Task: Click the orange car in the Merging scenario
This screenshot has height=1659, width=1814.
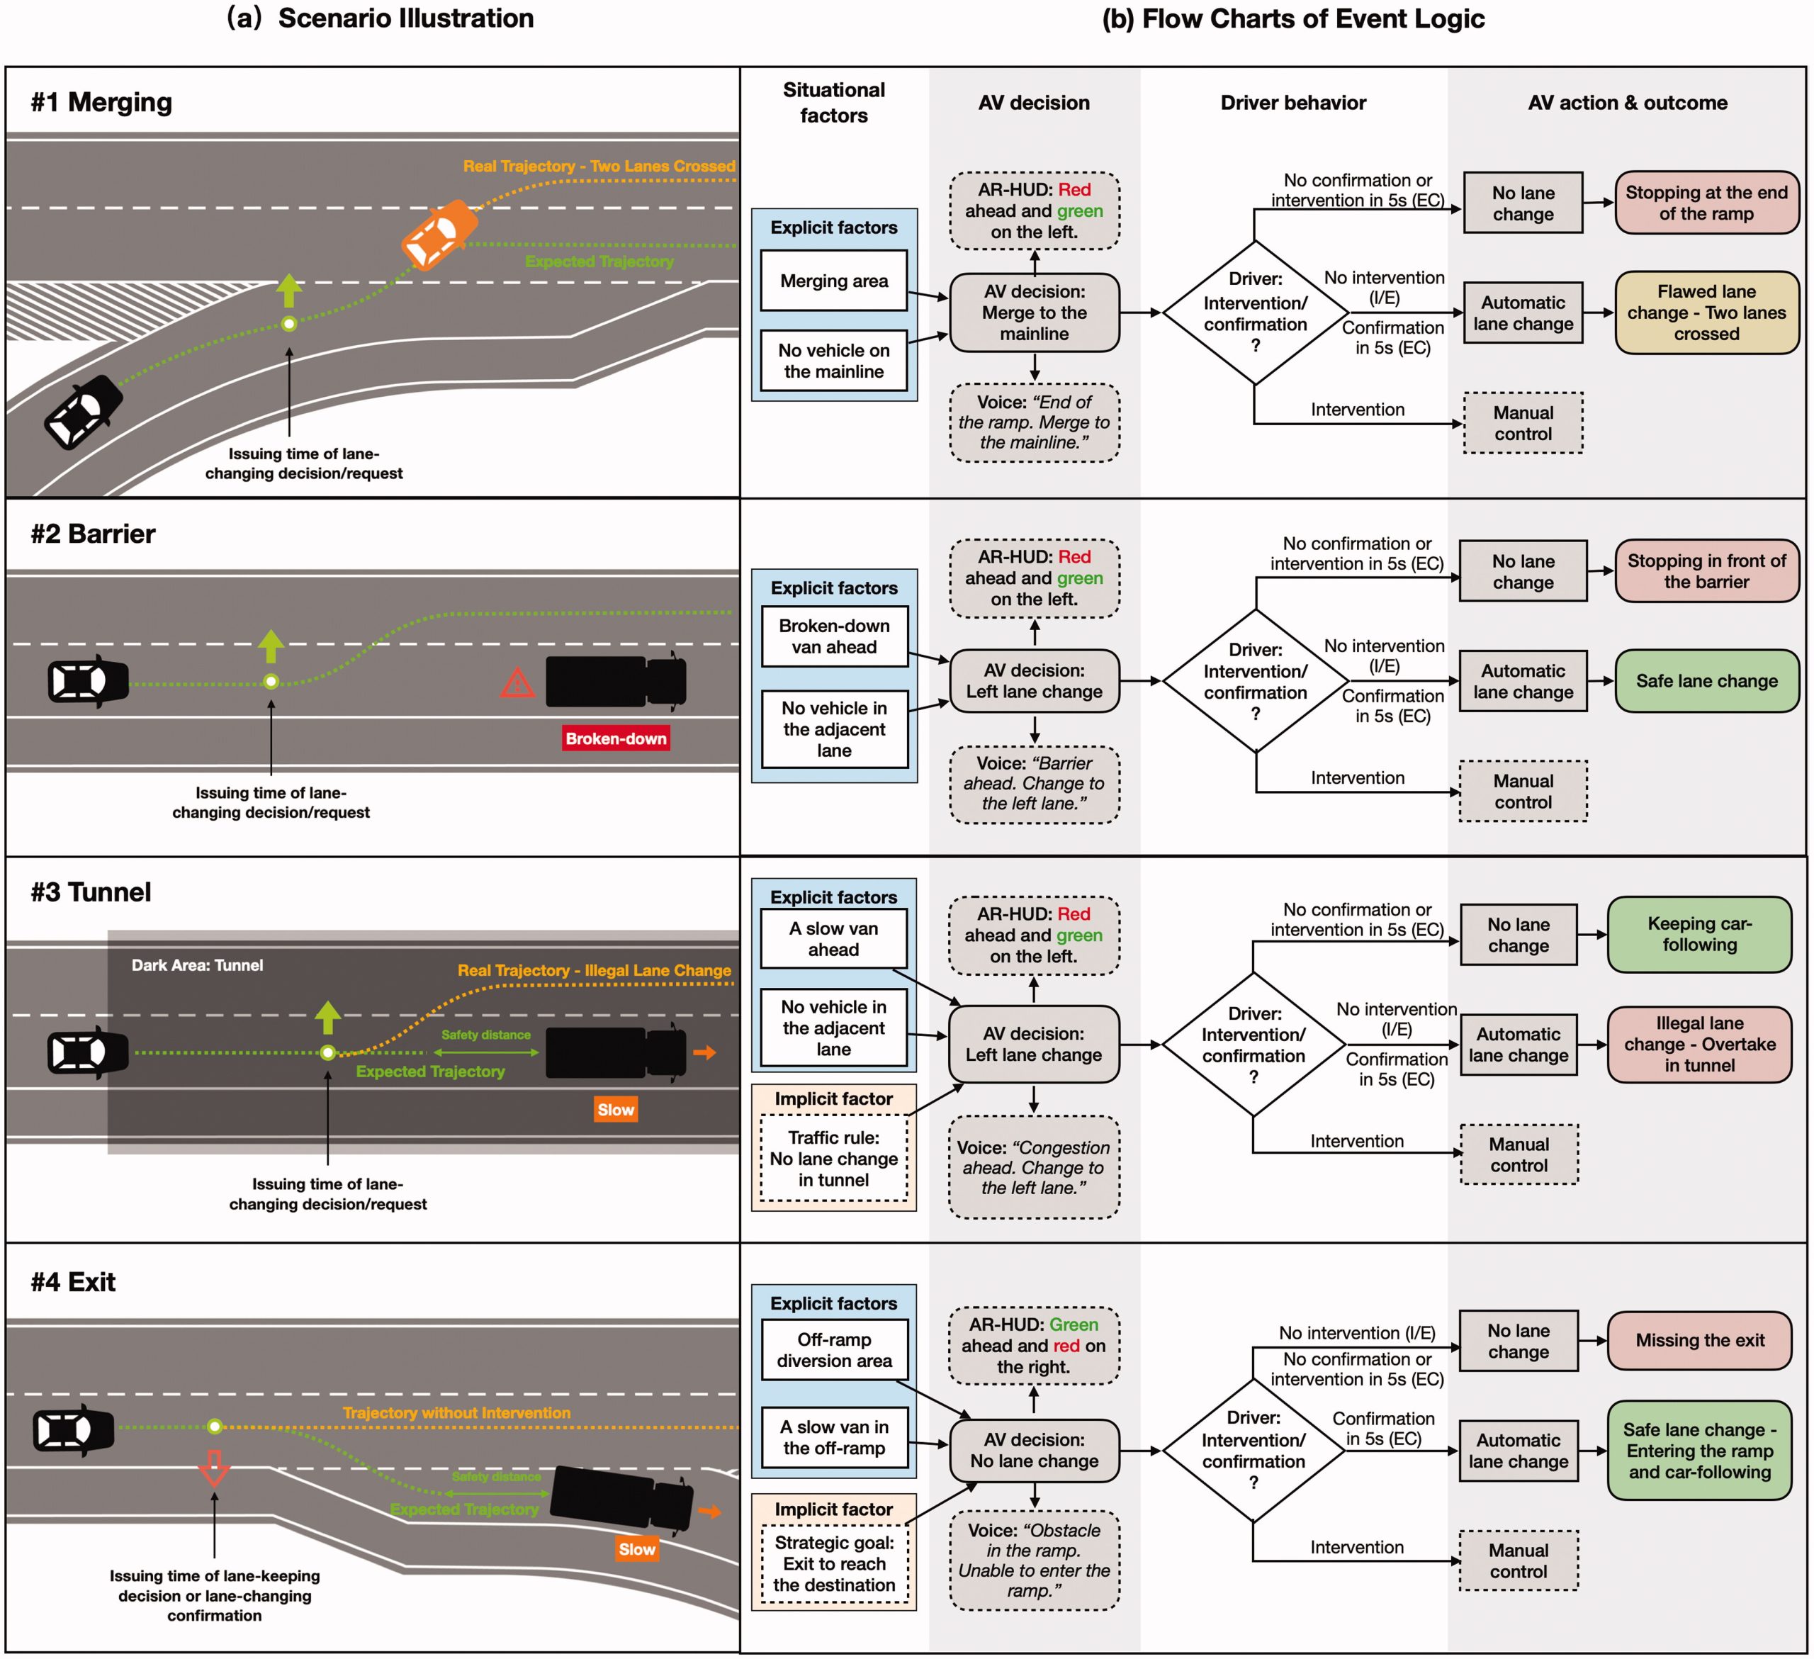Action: [x=439, y=235]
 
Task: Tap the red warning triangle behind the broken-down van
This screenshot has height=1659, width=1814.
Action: [x=517, y=683]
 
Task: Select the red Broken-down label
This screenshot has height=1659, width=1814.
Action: [x=616, y=738]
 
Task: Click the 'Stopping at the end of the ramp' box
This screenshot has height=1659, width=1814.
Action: [x=1706, y=203]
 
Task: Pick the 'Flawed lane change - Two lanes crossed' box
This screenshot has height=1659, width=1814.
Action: [x=1706, y=313]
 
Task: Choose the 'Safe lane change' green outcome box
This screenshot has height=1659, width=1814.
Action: [x=1706, y=681]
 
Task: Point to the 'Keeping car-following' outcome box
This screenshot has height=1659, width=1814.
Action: [x=1698, y=934]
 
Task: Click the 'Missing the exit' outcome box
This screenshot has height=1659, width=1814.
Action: [x=1698, y=1341]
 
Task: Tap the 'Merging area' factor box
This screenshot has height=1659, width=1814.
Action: [x=833, y=281]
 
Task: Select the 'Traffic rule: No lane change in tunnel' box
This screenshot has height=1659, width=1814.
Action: [x=833, y=1159]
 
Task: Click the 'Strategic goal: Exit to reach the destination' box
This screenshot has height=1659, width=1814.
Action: [x=833, y=1563]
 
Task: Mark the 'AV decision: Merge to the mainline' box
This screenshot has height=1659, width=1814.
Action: [x=1034, y=313]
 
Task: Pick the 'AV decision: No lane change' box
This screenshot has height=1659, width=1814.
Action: [x=1034, y=1450]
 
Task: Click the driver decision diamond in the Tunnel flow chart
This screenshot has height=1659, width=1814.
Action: [x=1253, y=1045]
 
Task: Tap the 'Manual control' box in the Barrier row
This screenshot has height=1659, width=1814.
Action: [x=1523, y=792]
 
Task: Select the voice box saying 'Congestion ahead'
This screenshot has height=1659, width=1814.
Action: [x=1033, y=1168]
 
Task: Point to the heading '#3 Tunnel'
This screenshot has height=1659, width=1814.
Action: [x=91, y=892]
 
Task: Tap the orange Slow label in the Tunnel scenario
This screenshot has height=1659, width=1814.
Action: [x=616, y=1109]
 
